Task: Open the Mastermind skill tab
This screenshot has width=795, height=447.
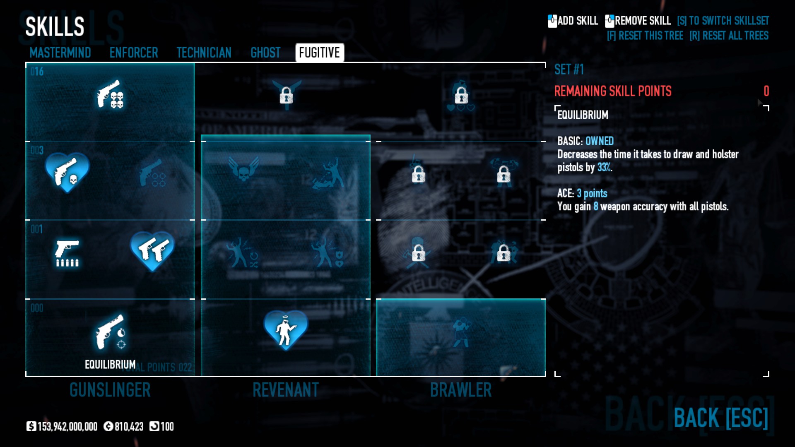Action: tap(60, 53)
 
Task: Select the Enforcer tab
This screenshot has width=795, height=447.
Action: tap(134, 53)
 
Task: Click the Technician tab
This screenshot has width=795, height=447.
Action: tap(204, 53)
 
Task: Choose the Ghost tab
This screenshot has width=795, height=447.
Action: tap(265, 53)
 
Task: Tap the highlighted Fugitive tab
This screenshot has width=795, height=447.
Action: tap(319, 53)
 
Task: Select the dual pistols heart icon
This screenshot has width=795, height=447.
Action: tap(152, 250)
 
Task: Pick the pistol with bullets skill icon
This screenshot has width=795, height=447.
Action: tap(67, 252)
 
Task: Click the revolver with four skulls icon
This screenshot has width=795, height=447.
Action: tap(110, 94)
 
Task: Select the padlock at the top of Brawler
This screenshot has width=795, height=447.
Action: tap(461, 96)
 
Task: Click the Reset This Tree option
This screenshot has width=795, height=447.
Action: tap(645, 36)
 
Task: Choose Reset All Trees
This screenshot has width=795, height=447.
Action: tap(729, 36)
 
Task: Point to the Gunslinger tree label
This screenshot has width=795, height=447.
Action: tap(110, 390)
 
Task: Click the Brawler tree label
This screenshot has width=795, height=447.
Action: tap(461, 390)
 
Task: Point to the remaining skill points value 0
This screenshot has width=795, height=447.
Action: tap(766, 91)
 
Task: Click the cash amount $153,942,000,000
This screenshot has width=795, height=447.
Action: tap(63, 426)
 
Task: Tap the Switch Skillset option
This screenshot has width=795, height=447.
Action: tap(723, 21)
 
